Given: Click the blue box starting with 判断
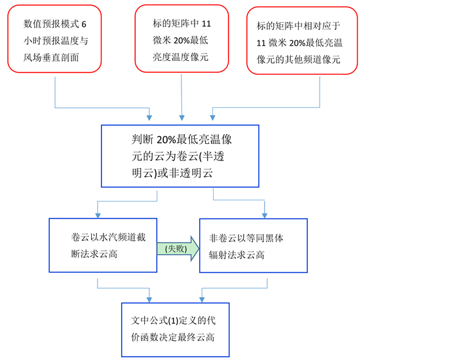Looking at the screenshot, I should [180, 156].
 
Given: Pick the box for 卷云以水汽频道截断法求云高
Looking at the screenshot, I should [103, 245].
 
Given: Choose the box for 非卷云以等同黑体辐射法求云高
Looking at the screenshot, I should [253, 245].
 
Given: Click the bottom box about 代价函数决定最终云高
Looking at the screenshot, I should [176, 329].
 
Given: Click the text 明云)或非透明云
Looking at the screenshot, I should [173, 173].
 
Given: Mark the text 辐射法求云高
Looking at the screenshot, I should [237, 255].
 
